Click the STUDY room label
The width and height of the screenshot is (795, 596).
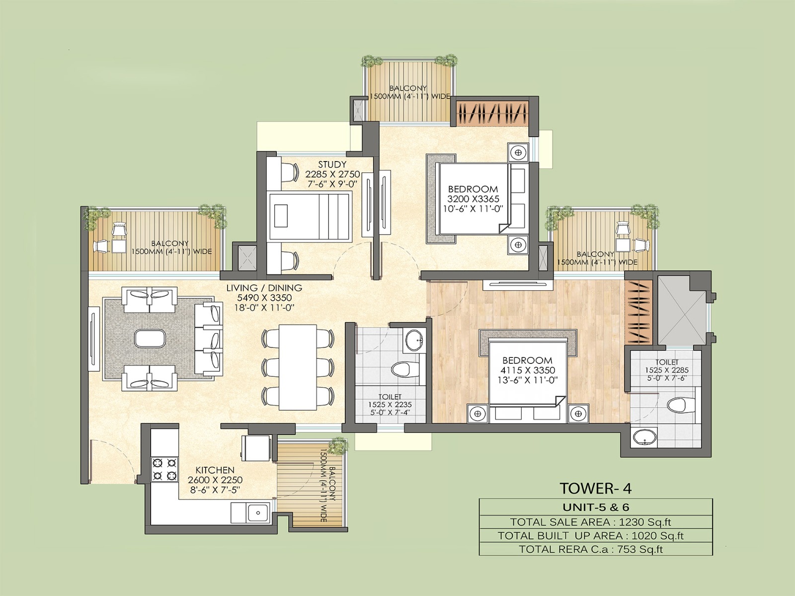pos(332,165)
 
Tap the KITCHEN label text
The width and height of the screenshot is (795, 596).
pos(215,470)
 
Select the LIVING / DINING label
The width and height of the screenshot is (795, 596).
pos(264,288)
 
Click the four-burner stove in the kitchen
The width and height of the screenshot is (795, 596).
pos(165,469)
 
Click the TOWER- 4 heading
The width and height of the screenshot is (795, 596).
pos(596,488)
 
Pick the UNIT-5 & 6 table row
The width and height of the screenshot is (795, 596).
pos(596,507)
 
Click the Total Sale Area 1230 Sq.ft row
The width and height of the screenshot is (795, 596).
pos(596,522)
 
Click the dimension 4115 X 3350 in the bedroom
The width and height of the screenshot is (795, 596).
pos(527,370)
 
